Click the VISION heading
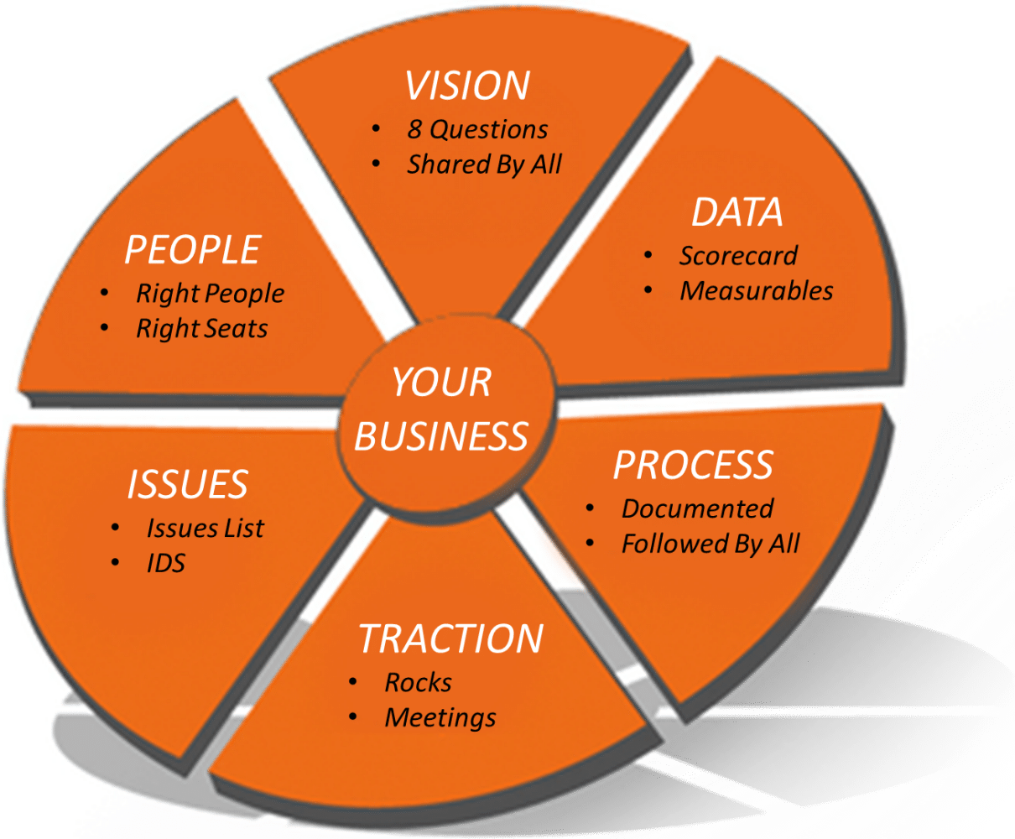[467, 86]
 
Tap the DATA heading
[737, 212]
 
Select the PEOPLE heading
[193, 249]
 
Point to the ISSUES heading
[188, 484]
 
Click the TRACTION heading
[450, 638]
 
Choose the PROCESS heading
[693, 465]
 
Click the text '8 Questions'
[477, 129]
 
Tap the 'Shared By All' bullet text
[484, 164]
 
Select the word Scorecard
[738, 256]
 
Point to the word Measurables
[757, 291]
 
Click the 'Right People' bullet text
[210, 294]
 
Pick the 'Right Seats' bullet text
[201, 328]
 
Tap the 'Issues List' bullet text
[206, 529]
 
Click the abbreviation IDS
[166, 563]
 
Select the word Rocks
[418, 682]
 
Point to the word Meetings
[440, 718]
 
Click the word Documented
[698, 509]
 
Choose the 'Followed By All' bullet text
[710, 545]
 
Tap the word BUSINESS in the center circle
[441, 435]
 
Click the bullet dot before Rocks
[353, 682]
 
